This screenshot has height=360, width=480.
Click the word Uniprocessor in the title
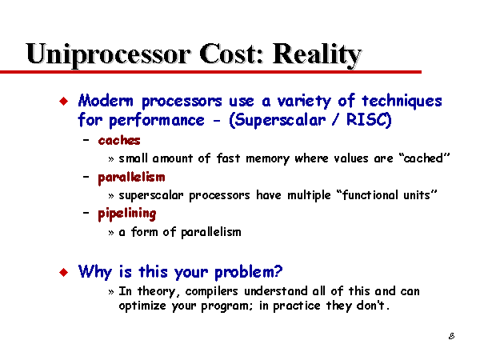pos(109,54)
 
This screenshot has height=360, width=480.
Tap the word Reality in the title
pos(317,54)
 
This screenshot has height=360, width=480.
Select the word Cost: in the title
pos(231,54)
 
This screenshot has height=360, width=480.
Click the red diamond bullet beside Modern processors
pos(64,101)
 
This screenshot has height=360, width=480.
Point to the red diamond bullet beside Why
pos(64,272)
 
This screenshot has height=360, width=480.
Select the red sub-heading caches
pos(119,141)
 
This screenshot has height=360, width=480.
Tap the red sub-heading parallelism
pos(131,178)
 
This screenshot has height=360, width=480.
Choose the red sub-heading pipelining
pos(127,214)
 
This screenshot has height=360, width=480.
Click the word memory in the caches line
pos(267,159)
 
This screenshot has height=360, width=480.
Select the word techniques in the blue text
pos(402,102)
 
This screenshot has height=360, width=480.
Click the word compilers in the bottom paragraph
pos(211,291)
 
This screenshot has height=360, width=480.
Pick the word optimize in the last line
pos(142,306)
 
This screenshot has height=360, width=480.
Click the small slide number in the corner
pos(451,336)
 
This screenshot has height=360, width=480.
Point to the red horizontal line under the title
pos(210,72)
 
